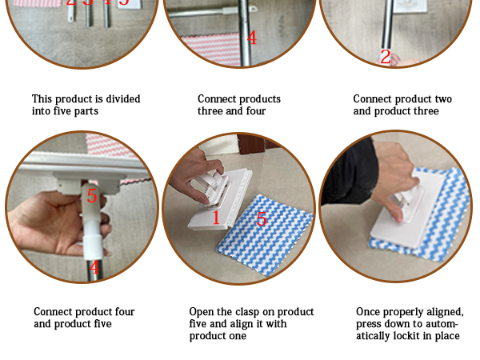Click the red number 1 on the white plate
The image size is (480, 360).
coord(216,218)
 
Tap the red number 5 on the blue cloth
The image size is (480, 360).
coord(261,219)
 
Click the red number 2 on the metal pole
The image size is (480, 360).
coord(386,57)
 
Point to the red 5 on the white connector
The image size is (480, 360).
coord(92,196)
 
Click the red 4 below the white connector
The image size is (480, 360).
coord(94,267)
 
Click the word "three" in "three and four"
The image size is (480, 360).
coord(210,111)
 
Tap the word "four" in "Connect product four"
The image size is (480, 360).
coord(125,312)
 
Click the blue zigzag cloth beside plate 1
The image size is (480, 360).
coord(265,234)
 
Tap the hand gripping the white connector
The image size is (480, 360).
coord(58,222)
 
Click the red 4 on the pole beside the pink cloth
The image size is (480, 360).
coord(252,38)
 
